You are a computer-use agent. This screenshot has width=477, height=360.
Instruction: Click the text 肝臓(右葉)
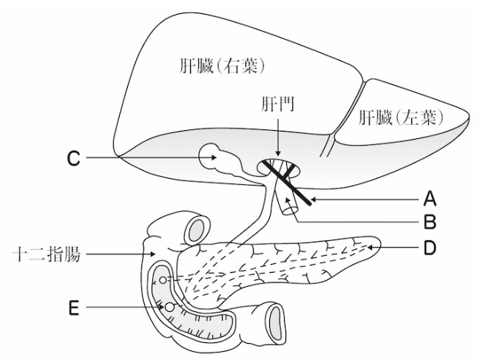221,67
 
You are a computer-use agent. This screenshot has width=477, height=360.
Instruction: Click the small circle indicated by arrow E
169,306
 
